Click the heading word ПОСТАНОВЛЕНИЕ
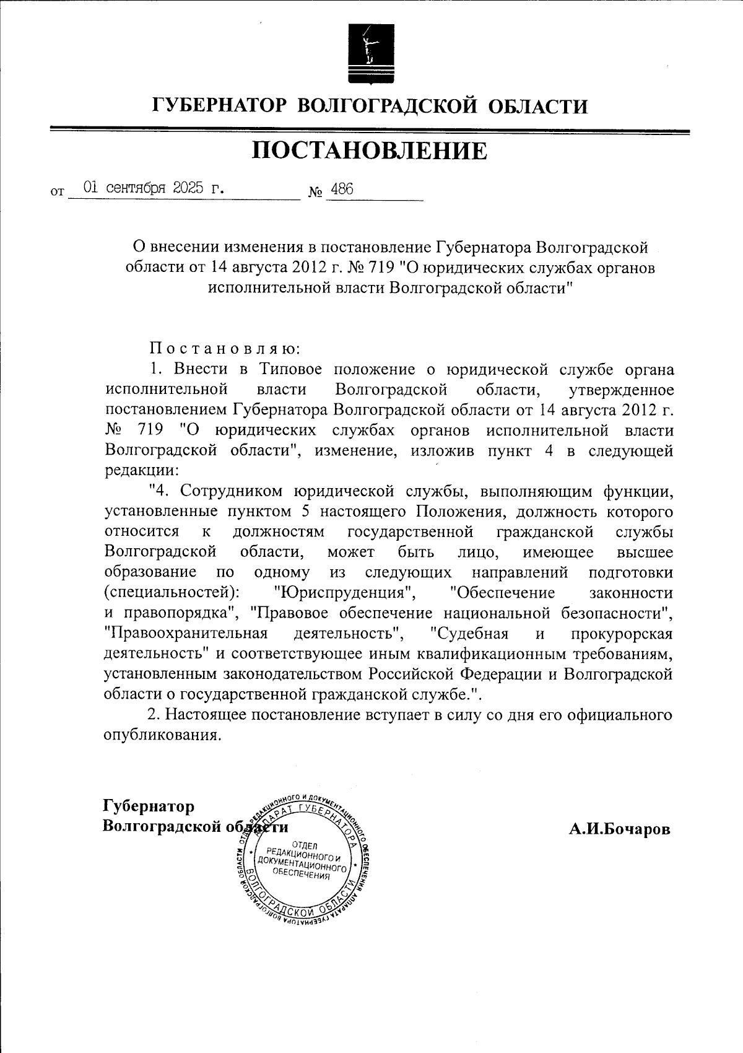click(370, 151)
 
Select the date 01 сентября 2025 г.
click(154, 189)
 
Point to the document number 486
click(342, 190)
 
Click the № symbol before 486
click(316, 193)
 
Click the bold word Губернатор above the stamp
click(149, 806)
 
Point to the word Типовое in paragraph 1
click(290, 370)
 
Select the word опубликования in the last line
click(163, 735)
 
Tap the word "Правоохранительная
click(186, 634)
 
